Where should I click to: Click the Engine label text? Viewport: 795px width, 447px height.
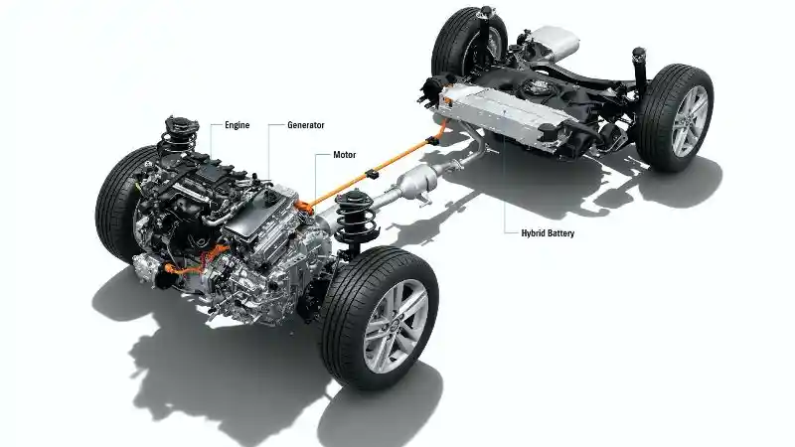(x=237, y=125)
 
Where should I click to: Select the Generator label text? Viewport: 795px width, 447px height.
(x=304, y=125)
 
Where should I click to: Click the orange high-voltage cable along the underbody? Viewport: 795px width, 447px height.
(x=368, y=179)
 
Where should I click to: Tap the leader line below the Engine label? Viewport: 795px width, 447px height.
(x=212, y=139)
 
